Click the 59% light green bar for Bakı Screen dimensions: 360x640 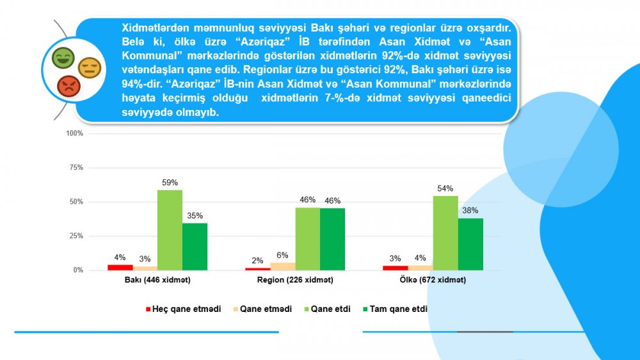tap(170, 230)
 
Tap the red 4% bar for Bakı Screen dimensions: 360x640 tap(120, 267)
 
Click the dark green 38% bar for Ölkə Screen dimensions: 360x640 tap(470, 244)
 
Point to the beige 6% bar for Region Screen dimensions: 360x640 tap(283, 266)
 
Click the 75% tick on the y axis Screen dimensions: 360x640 tap(76, 167)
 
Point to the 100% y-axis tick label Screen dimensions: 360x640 tap(75, 133)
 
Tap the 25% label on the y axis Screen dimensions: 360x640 tap(76, 236)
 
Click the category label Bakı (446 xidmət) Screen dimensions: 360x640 tap(157, 281)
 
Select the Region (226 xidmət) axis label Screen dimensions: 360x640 tap(295, 281)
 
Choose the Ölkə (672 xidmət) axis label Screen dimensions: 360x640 tap(433, 281)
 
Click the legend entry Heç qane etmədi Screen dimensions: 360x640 tap(186, 309)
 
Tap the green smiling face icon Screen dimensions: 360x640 tap(63, 58)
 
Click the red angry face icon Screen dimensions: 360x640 tap(67, 85)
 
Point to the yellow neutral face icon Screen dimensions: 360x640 tap(89, 67)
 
